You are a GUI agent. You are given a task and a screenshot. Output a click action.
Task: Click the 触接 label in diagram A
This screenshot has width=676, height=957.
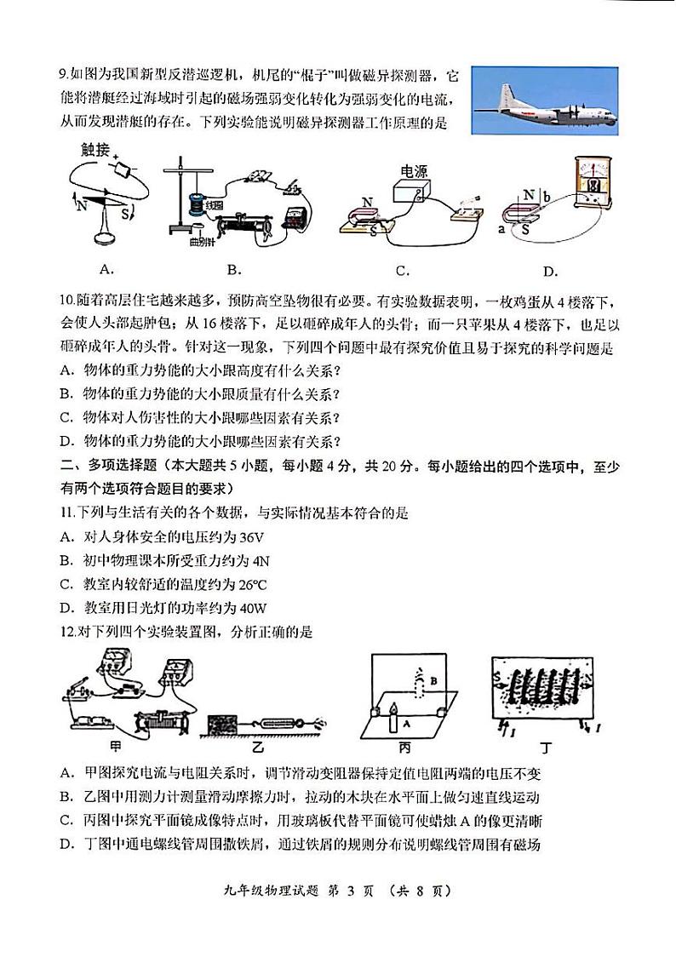95,150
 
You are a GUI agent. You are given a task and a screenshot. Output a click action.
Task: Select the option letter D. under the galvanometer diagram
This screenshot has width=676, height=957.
550,272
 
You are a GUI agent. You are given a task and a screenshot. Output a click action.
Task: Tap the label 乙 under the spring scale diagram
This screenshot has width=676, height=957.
255,748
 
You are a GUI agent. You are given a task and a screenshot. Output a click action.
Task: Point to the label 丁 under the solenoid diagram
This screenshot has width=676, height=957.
540,748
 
